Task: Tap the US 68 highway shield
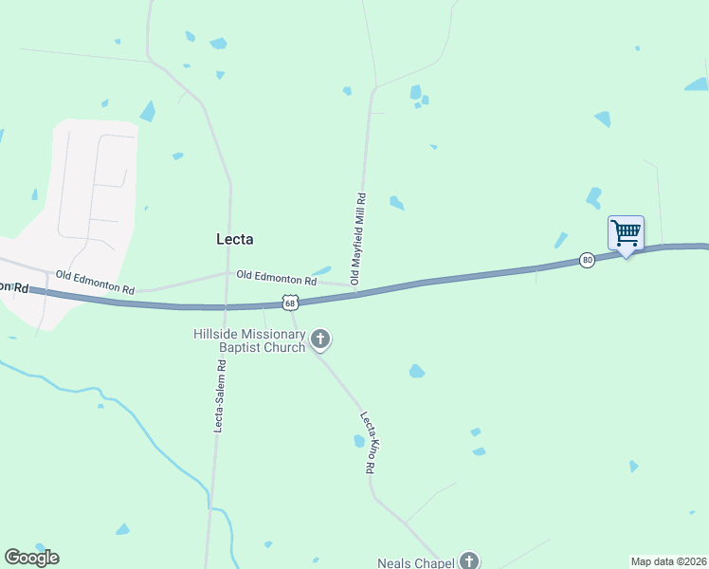pyautogui.click(x=291, y=302)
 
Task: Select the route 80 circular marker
pyautogui.click(x=587, y=260)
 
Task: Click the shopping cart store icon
pyautogui.click(x=625, y=232)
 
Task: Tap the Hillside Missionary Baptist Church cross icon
pyautogui.click(x=320, y=339)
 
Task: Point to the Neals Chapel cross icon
pyautogui.click(x=468, y=561)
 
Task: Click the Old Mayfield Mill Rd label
pyautogui.click(x=358, y=239)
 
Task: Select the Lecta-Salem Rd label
pyautogui.click(x=219, y=396)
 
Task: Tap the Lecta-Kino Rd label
pyautogui.click(x=369, y=442)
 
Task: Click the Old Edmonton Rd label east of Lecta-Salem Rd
pyautogui.click(x=276, y=279)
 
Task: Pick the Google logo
pyautogui.click(x=31, y=558)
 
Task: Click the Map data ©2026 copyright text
pyautogui.click(x=668, y=560)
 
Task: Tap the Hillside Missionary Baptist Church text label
pyautogui.click(x=249, y=340)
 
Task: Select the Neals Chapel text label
pyautogui.click(x=415, y=562)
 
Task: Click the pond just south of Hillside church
pyautogui.click(x=416, y=371)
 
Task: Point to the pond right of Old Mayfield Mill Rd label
pyautogui.click(x=396, y=203)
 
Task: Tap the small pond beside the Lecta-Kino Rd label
pyautogui.click(x=358, y=441)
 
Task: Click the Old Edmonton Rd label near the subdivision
pyautogui.click(x=95, y=282)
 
